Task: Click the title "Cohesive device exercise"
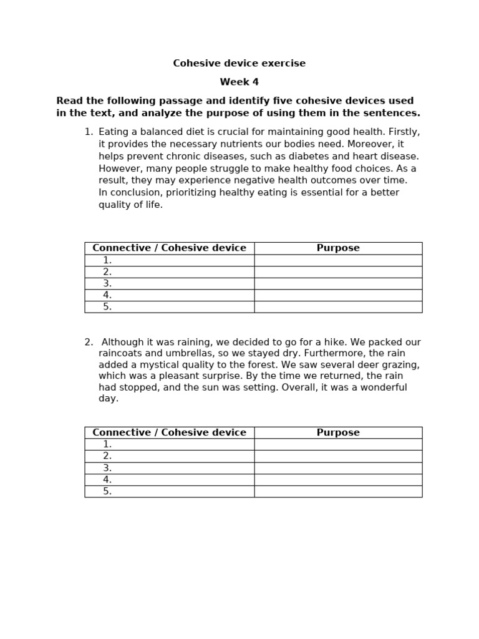239,64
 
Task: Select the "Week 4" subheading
239,82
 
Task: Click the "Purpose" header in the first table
338,248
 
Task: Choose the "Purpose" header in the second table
338,433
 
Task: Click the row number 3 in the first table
107,284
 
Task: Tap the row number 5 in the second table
107,492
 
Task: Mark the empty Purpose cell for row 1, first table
338,261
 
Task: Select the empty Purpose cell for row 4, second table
338,480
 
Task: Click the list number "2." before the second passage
89,343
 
